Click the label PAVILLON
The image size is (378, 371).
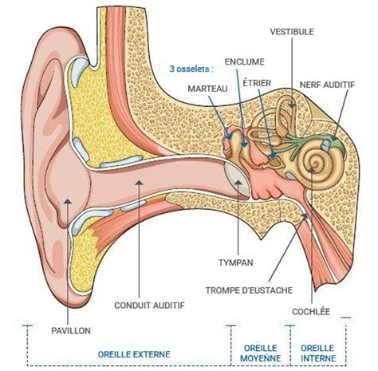[72, 330]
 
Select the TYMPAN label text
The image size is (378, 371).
[237, 262]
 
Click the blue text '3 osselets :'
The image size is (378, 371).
[192, 69]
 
